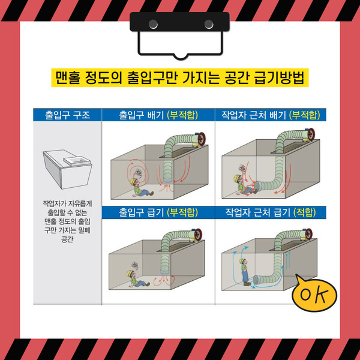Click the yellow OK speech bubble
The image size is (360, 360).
pyautogui.click(x=314, y=294)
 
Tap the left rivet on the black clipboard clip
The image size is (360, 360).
pyautogui.click(x=153, y=24)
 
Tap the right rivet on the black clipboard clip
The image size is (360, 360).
pyautogui.click(x=209, y=24)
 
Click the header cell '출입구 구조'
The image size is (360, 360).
pyautogui.click(x=67, y=115)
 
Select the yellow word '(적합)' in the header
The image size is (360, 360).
pyautogui.click(x=305, y=212)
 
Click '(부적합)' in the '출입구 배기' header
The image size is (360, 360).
pyautogui.click(x=182, y=115)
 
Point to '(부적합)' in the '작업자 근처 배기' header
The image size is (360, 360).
pyautogui.click(x=304, y=115)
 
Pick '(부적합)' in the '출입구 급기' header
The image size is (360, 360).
pyautogui.click(x=182, y=212)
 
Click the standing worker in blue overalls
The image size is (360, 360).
pyautogui.click(x=245, y=272)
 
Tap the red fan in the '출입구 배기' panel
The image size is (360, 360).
pyautogui.click(x=201, y=139)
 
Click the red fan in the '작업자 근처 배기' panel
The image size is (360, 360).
pyautogui.click(x=311, y=135)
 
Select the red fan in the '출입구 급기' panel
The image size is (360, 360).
pyautogui.click(x=198, y=235)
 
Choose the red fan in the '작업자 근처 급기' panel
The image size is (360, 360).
pyautogui.click(x=308, y=234)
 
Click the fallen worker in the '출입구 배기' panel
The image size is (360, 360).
pyautogui.click(x=140, y=188)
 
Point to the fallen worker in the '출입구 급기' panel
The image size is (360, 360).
pyautogui.click(x=137, y=279)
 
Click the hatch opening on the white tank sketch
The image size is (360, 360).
pyautogui.click(x=76, y=160)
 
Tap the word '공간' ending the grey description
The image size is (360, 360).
pyautogui.click(x=67, y=239)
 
